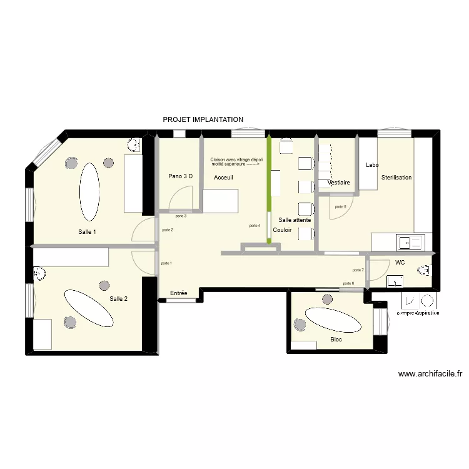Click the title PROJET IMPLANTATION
tap(203, 119)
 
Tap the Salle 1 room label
tap(87, 232)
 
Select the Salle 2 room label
tap(118, 299)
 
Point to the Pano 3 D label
tap(180, 176)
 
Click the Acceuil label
tap(223, 178)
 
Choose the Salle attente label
tap(295, 220)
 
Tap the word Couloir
tap(283, 230)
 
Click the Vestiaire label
tap(338, 183)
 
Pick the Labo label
tap(372, 165)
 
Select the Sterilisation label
tap(396, 178)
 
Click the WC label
tap(400, 263)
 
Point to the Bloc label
tap(336, 340)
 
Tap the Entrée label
tap(179, 293)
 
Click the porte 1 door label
tap(166, 263)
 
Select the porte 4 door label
tap(255, 226)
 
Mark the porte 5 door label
tap(341, 207)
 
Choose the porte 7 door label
tap(358, 270)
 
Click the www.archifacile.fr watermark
tap(430, 375)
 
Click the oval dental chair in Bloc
tap(333, 320)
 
